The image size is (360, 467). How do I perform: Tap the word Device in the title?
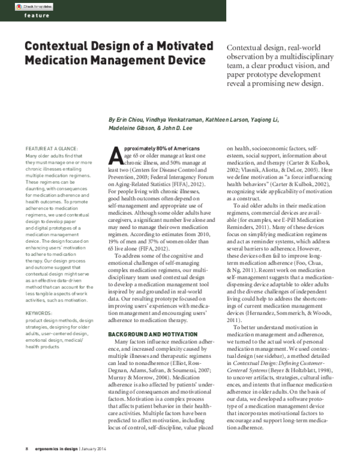tap(190, 61)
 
